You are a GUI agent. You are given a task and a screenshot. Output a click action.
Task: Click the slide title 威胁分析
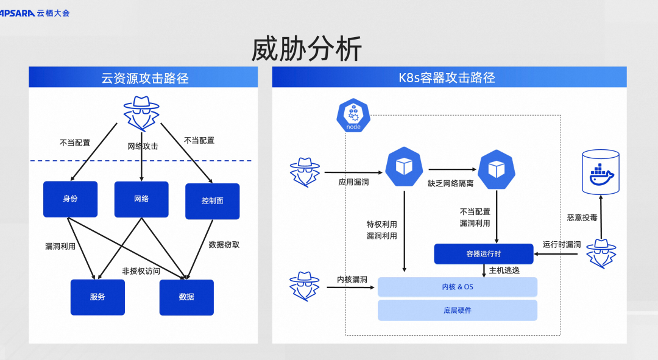306,49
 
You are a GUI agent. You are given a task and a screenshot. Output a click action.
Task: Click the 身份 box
70,199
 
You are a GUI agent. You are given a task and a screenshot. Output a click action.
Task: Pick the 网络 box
141,199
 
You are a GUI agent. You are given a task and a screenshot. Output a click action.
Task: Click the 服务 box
97,297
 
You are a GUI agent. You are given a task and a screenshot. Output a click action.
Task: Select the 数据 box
186,297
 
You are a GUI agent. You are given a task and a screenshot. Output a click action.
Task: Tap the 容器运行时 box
483,254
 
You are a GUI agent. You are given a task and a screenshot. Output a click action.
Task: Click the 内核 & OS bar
458,287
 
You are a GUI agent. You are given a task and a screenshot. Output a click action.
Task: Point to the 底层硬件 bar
458,310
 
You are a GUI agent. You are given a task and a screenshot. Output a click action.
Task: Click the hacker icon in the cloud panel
141,113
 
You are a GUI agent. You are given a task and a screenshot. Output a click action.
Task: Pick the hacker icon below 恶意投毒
601,253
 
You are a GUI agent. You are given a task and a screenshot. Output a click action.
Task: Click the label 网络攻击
143,147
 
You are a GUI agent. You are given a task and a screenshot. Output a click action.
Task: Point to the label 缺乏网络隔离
451,183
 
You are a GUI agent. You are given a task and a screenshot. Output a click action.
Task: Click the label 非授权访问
141,271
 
